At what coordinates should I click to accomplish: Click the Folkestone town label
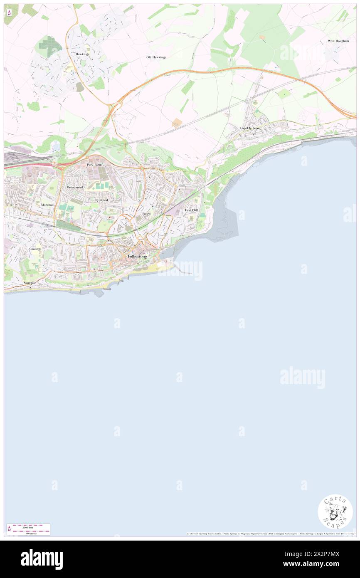point(137,257)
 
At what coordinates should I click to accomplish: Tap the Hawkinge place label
point(82,54)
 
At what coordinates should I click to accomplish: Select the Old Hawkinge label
point(156,57)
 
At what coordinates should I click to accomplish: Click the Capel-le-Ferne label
point(250,128)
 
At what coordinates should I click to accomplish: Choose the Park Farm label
point(94,165)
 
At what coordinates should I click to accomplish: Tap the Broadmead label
point(75,188)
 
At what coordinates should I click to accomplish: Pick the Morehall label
point(47,205)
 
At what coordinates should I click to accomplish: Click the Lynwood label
point(101,200)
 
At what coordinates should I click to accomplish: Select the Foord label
point(146,213)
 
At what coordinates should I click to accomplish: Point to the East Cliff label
point(191,210)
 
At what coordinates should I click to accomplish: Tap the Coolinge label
point(35,249)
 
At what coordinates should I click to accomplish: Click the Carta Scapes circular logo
point(335,511)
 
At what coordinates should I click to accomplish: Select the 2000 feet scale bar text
point(28,527)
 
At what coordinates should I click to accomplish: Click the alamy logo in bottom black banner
point(42,559)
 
